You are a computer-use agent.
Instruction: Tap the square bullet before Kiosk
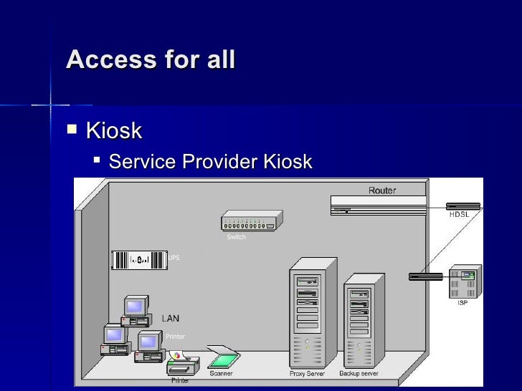70,130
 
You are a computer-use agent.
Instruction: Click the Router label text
381,190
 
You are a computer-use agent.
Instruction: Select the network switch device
251,221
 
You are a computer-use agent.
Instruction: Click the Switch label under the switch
236,237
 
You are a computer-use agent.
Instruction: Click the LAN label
170,318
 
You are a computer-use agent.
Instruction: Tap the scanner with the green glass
223,357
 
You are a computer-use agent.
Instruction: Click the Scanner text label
221,373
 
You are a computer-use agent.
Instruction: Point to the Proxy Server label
307,374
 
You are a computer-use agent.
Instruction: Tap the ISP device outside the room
463,282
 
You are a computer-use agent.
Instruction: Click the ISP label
462,303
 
